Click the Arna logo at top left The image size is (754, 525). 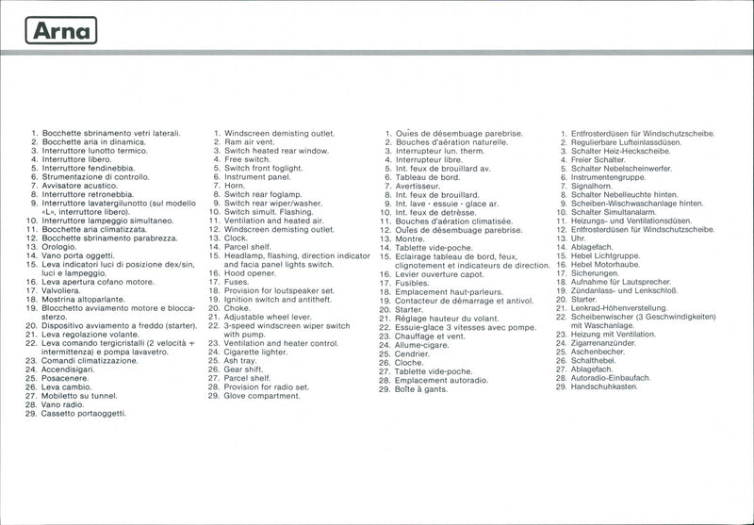[60, 32]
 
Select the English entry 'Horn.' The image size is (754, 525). [236, 186]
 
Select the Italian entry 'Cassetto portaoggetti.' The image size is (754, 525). [83, 414]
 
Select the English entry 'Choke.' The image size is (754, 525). [237, 308]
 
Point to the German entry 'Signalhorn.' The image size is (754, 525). [596, 186]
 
